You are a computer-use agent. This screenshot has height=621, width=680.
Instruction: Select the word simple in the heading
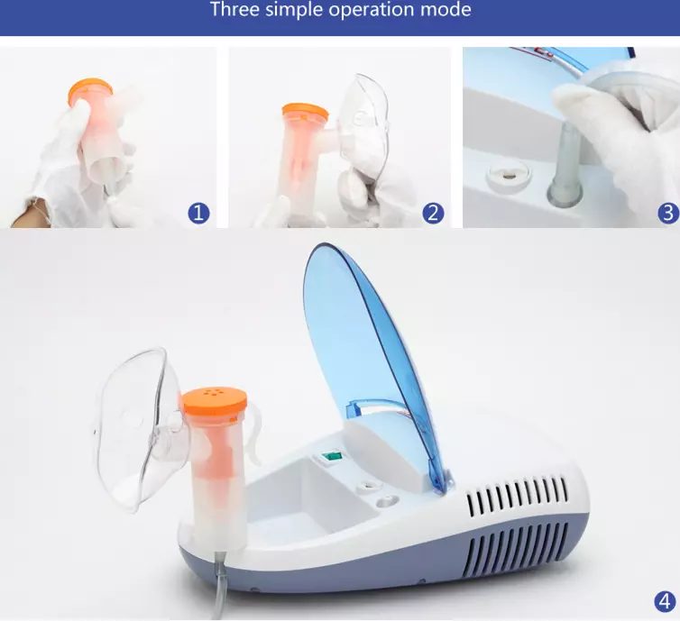(x=301, y=11)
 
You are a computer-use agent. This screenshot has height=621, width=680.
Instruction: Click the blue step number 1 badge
(x=198, y=213)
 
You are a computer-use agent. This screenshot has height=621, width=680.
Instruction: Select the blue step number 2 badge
(x=433, y=213)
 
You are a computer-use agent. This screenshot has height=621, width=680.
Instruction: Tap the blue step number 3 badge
(x=667, y=213)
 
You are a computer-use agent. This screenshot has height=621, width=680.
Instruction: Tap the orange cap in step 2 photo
(x=305, y=112)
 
